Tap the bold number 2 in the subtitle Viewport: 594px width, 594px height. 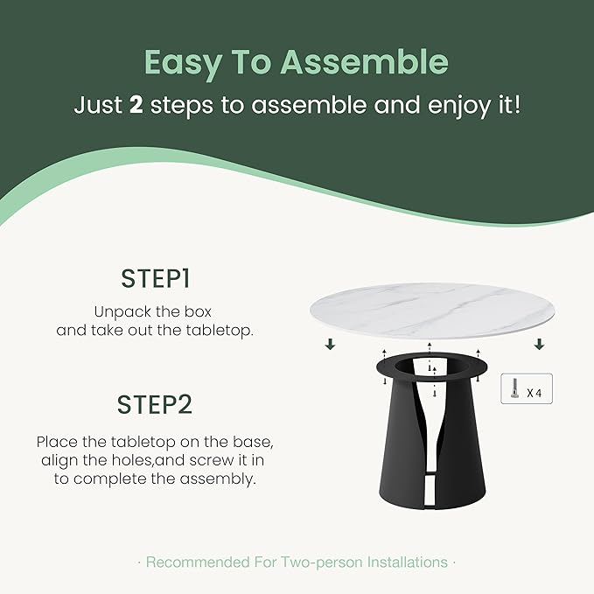tap(136, 106)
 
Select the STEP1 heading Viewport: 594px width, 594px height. tap(156, 279)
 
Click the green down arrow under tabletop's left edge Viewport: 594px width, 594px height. tap(330, 345)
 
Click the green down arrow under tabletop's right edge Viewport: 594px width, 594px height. tap(540, 345)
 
